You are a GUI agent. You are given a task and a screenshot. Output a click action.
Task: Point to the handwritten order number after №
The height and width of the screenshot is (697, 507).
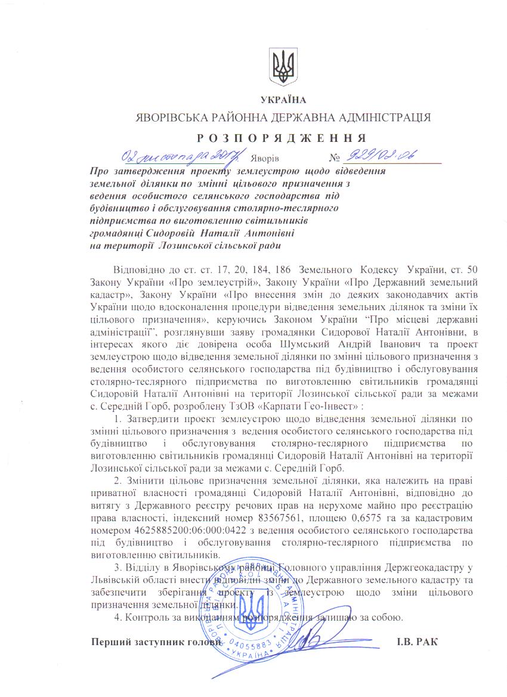pos(379,156)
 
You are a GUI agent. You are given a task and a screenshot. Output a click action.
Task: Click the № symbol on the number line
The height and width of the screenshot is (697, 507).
pos(334,159)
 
